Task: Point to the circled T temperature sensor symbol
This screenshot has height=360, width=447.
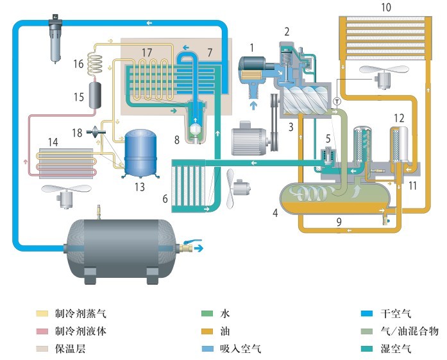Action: [337, 101]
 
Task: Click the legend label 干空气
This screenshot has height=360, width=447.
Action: [396, 314]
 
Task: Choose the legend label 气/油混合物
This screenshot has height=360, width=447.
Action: [410, 331]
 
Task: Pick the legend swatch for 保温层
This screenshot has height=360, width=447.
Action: [42, 349]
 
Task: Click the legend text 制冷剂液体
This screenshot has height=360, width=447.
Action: [81, 332]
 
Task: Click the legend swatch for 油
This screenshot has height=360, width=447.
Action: [206, 332]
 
